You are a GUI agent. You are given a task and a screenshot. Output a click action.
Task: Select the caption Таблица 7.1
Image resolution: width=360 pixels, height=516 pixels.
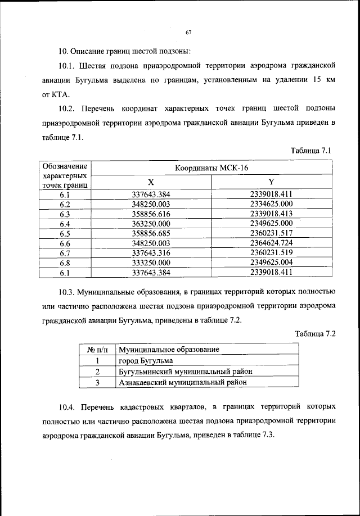pos(313,151)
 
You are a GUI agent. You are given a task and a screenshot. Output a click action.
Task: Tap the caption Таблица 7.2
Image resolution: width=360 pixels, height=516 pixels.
pos(315,334)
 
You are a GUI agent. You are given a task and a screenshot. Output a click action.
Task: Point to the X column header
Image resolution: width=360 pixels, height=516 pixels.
pos(151,183)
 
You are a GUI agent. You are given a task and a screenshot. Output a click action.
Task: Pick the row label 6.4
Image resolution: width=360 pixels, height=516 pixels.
pos(65,224)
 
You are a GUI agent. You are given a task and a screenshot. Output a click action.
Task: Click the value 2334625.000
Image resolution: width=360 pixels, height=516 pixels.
pos(271,204)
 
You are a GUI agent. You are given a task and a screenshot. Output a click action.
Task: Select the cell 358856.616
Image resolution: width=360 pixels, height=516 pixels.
pos(151,214)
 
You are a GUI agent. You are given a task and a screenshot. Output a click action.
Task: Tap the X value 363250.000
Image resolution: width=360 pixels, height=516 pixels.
pos(151,224)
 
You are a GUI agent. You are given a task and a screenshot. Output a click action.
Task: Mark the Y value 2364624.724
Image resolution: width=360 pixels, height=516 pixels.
pos(271,243)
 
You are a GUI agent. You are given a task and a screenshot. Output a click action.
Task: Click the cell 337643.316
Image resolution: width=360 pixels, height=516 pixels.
pos(151,253)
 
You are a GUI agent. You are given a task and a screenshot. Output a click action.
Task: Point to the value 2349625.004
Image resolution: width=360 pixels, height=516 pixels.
pos(271,262)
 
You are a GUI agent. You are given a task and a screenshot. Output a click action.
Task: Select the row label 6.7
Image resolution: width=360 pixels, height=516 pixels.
pos(65,253)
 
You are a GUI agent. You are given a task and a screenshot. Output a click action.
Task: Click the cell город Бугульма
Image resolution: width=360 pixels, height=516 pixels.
pos(146,361)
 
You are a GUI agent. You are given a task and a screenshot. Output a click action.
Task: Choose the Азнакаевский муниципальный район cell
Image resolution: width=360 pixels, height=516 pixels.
pos(183,383)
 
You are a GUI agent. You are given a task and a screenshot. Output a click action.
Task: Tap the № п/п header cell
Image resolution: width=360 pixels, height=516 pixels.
pos(97,350)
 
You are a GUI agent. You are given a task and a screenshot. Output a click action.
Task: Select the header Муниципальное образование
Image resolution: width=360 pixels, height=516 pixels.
pos(168,350)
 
